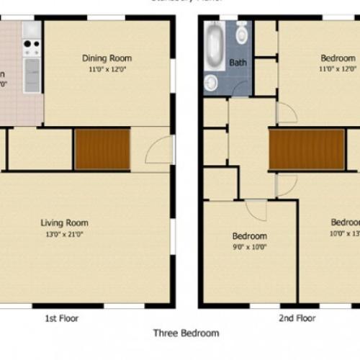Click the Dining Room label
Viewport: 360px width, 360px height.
tap(107, 58)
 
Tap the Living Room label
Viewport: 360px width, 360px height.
tap(64, 222)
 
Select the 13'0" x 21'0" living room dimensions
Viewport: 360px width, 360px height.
tap(64, 233)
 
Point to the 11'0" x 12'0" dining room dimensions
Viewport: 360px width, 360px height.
tap(107, 69)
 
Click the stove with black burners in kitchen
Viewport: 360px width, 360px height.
tap(32, 48)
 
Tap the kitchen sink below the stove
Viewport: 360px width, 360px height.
tap(32, 73)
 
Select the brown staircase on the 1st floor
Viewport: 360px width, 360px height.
tap(102, 149)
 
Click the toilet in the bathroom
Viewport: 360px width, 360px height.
tap(241, 33)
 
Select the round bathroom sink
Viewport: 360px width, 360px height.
tap(211, 83)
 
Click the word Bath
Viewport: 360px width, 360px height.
tap(238, 63)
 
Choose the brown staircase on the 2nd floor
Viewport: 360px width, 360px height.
tap(307, 149)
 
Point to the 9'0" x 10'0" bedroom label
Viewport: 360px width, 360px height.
tap(249, 235)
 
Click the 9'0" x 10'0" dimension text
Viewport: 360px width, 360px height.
tap(249, 246)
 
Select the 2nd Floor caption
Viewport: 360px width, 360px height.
tap(297, 318)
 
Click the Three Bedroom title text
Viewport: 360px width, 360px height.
tap(186, 333)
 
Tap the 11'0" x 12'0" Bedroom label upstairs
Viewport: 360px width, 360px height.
tap(338, 58)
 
